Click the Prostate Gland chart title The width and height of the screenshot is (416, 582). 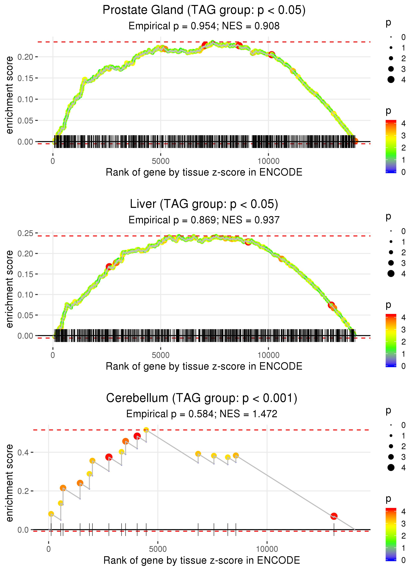(x=204, y=10)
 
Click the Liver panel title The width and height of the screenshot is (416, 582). (x=204, y=204)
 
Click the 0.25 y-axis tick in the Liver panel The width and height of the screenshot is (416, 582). (x=25, y=233)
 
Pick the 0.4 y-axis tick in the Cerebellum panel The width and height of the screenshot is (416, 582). (x=23, y=452)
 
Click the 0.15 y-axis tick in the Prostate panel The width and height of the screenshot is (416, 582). (x=25, y=78)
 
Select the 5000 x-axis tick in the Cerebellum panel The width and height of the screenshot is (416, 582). (x=158, y=549)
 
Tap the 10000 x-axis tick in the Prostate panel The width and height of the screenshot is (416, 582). (x=268, y=161)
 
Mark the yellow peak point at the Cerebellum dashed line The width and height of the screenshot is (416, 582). (x=146, y=430)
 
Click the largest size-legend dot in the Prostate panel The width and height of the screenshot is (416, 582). (x=391, y=80)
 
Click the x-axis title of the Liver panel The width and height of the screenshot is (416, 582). (x=204, y=366)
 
